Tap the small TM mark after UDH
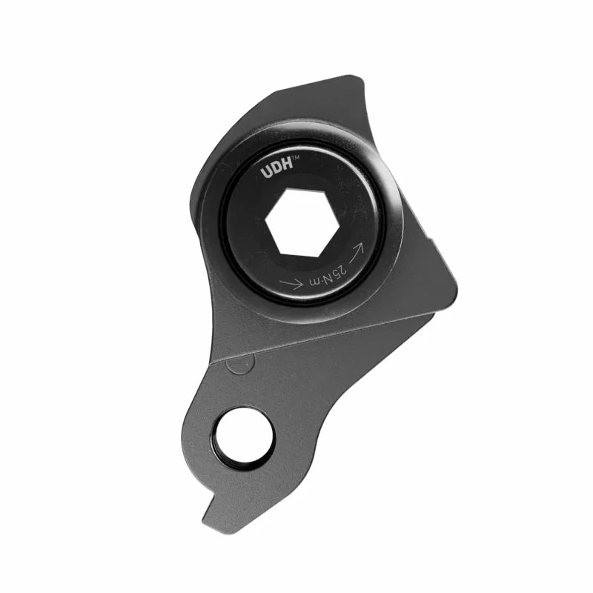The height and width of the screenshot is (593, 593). pos(294,159)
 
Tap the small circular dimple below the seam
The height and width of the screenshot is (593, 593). pos(235,364)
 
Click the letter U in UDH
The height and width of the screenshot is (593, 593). pos(265,173)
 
